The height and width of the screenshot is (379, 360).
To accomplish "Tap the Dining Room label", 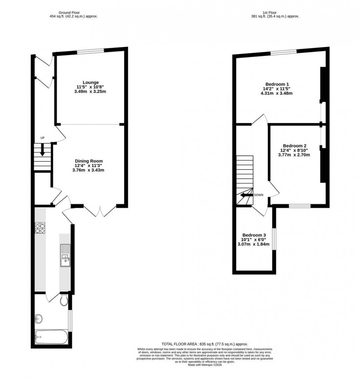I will (x=89, y=161).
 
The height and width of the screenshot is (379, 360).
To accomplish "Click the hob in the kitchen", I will (x=40, y=228).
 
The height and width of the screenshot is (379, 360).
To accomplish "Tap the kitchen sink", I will (x=65, y=255).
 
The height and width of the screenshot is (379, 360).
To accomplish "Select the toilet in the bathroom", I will (x=64, y=300).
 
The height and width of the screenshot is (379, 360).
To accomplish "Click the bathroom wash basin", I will (x=39, y=318).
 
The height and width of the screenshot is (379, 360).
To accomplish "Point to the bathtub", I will (x=51, y=337).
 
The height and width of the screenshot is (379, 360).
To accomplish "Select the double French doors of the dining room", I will (x=100, y=211).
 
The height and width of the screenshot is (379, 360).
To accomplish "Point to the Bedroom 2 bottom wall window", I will (x=299, y=206).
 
